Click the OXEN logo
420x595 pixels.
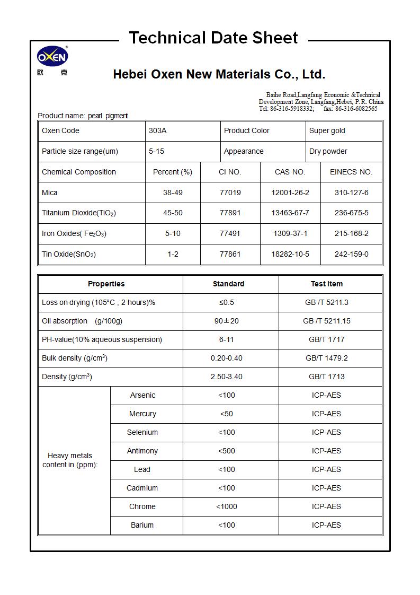(x=52, y=57)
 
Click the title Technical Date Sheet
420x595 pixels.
(x=213, y=38)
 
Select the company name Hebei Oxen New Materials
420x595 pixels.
(x=219, y=74)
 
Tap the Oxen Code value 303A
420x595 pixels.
(x=157, y=131)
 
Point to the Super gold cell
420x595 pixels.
(x=327, y=131)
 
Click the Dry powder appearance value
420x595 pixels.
(x=328, y=152)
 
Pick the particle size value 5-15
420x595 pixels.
(x=156, y=152)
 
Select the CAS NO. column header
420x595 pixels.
(x=290, y=172)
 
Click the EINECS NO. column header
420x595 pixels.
(x=351, y=172)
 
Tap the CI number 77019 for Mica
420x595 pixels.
(x=230, y=193)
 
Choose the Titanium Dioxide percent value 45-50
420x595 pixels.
(x=173, y=213)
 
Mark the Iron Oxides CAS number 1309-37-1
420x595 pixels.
(x=290, y=234)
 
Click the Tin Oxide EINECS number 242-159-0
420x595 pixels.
(x=351, y=255)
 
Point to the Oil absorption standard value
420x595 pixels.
(x=227, y=321)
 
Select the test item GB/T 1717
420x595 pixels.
(x=326, y=340)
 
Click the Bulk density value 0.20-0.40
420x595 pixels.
(x=227, y=358)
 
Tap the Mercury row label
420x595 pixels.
(x=142, y=414)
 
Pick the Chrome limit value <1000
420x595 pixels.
(x=227, y=507)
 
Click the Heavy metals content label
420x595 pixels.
(x=70, y=460)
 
